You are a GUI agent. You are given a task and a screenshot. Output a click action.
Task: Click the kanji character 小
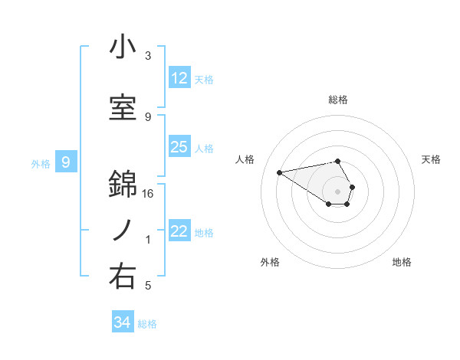pos(123,47)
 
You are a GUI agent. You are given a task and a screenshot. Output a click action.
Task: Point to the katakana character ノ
pos(123,230)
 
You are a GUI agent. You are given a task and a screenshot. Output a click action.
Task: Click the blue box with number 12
pos(179,78)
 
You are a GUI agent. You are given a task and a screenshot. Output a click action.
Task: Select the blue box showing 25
pos(179,147)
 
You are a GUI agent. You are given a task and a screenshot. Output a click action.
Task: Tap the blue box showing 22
pos(179,231)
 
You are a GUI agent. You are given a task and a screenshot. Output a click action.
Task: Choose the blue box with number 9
pos(67,162)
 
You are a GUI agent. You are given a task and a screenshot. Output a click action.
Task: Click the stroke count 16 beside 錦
pos(149,194)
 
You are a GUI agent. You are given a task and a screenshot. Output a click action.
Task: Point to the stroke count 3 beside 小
pos(148,56)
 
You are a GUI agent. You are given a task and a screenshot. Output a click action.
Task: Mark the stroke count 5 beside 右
pos(148,286)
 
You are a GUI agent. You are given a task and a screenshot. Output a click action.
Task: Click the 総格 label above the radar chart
pos(338,100)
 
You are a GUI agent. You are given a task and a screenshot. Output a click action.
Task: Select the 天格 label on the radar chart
pos(431,159)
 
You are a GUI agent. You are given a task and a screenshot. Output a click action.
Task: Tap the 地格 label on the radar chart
pos(402,262)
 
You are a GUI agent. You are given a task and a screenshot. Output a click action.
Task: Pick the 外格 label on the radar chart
pos(270,262)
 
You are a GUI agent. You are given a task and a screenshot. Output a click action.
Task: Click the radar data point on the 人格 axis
pos(279,172)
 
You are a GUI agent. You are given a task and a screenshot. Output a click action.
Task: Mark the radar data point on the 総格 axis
pos(338,161)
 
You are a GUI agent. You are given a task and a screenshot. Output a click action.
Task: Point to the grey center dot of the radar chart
pos(338,191)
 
